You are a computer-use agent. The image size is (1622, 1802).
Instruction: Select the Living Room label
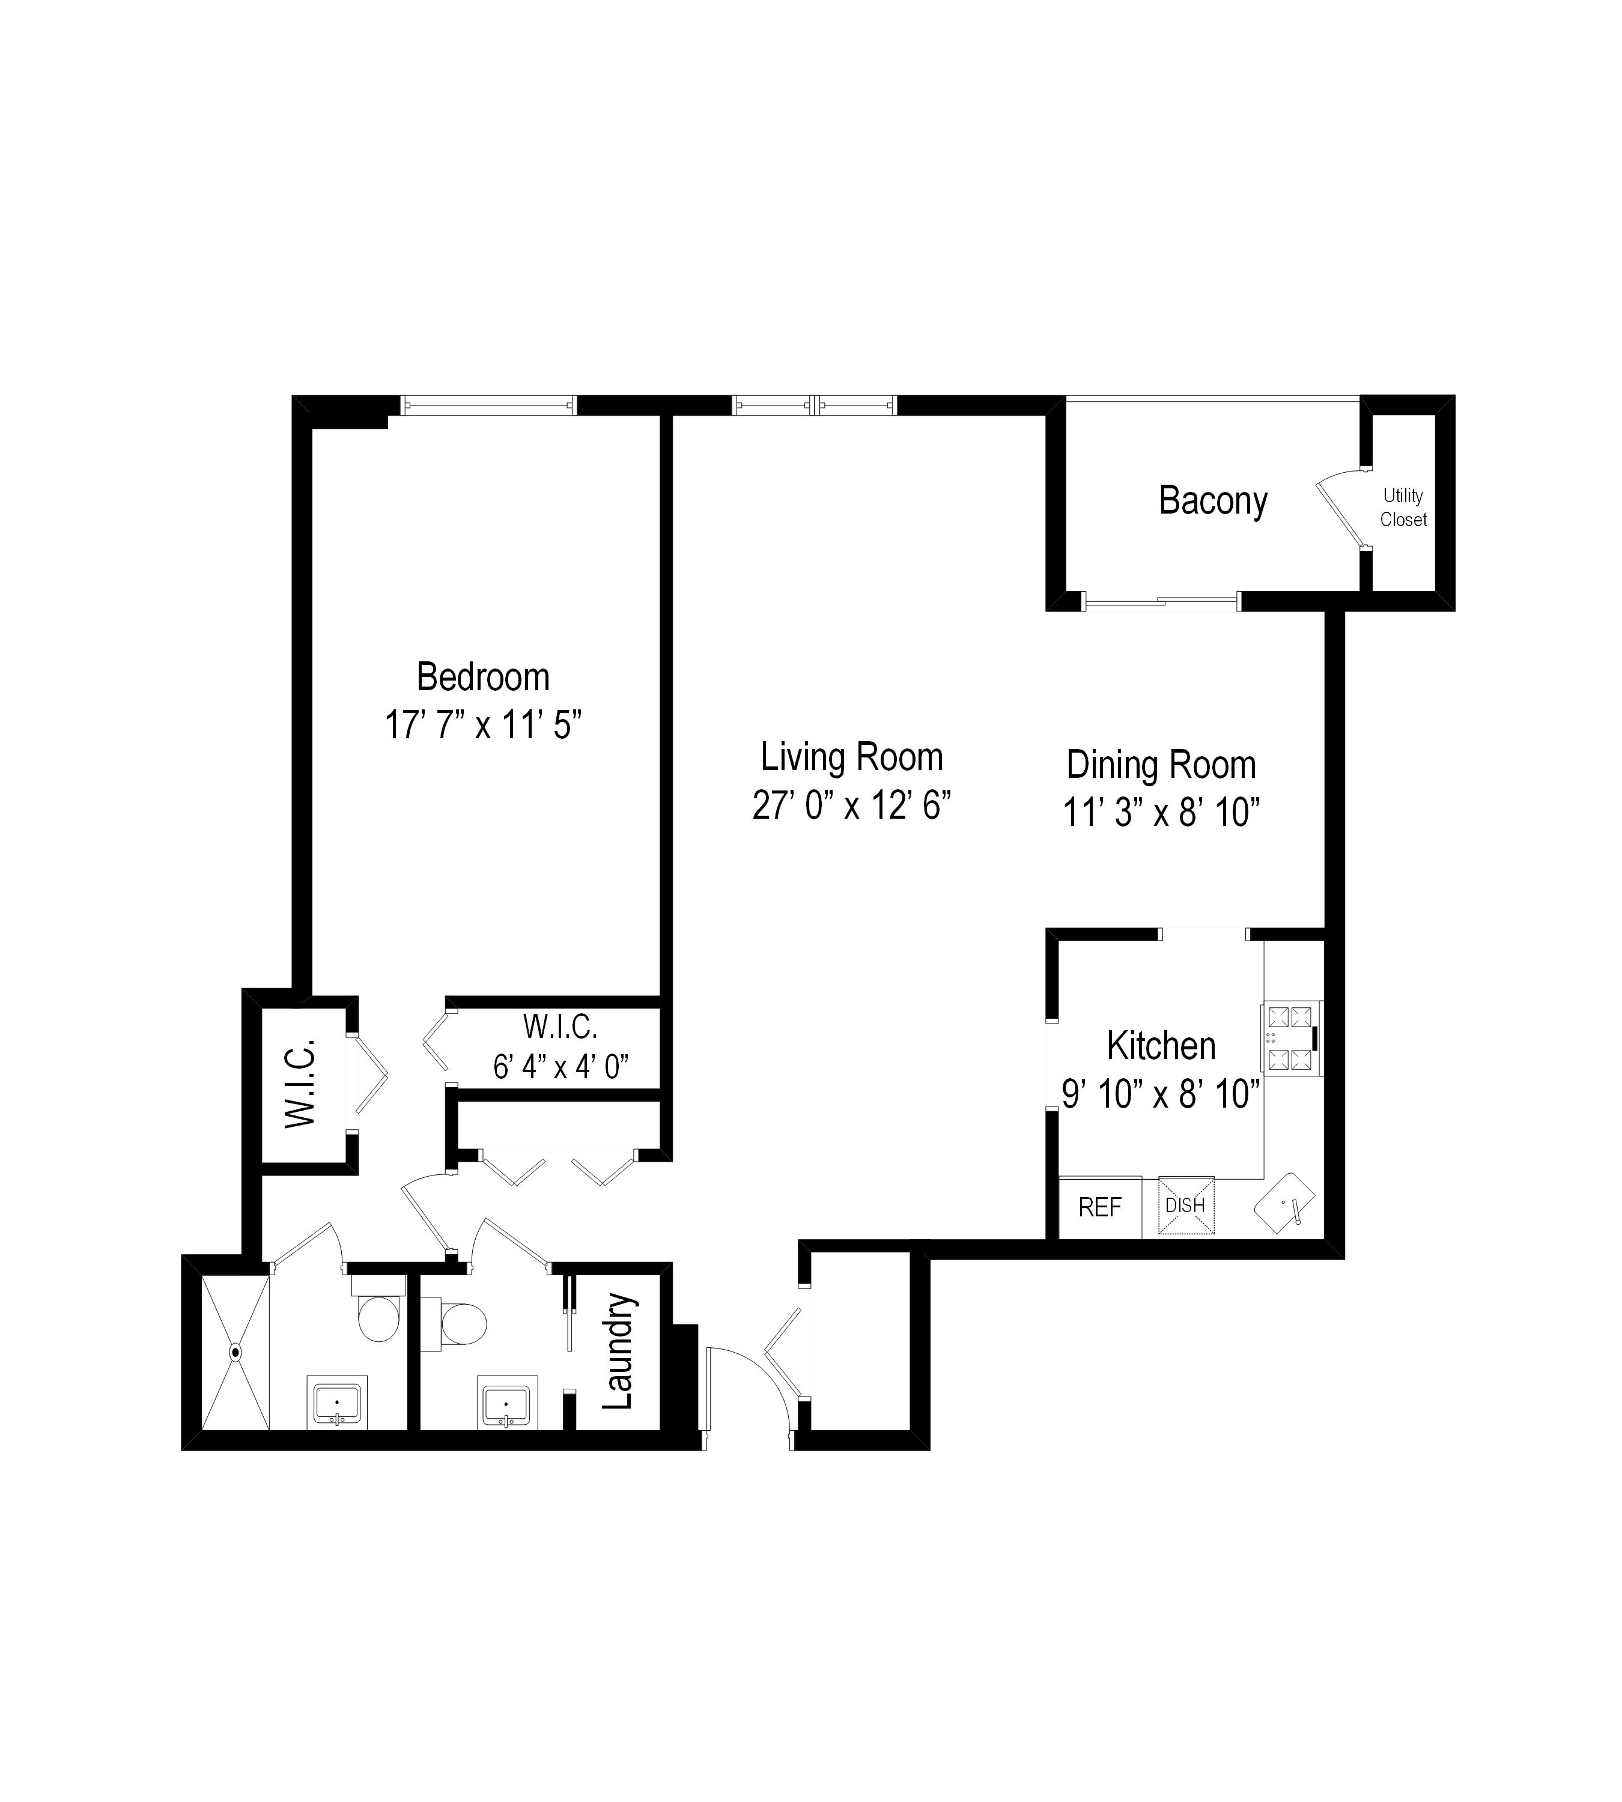coord(851,757)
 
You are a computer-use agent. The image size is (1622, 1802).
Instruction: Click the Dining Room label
coord(1161,765)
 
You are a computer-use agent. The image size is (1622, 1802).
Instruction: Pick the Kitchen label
coord(1161,1045)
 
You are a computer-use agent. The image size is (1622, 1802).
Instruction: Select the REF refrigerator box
coord(1100,1207)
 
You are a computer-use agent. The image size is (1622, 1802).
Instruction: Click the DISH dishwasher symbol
coord(1185,1206)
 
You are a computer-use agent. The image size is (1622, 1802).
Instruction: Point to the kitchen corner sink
coord(1285,1203)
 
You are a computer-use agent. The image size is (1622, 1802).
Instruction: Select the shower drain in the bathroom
coord(235,1352)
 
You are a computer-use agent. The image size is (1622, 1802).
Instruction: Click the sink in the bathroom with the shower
coord(337,1404)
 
